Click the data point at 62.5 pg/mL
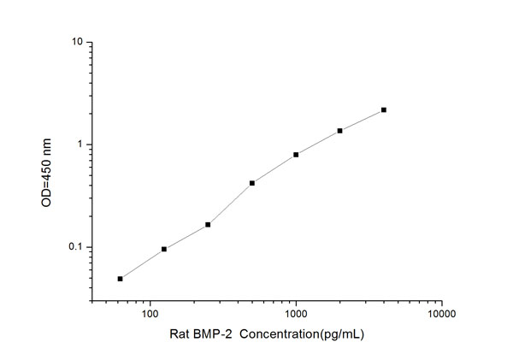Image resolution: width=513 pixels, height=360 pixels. tap(121, 279)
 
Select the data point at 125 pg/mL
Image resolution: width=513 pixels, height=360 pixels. tap(164, 249)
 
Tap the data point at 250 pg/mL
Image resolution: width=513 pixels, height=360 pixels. tap(208, 225)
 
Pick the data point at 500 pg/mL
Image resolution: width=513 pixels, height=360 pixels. tap(252, 183)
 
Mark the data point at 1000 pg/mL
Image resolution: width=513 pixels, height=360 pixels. tap(296, 155)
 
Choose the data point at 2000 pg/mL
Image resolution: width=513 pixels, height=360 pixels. tap(340, 131)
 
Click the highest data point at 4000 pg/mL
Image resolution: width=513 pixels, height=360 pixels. tap(384, 109)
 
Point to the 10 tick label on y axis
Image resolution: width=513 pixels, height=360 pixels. tap(77, 42)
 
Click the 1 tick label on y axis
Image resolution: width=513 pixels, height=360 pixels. tap(80, 145)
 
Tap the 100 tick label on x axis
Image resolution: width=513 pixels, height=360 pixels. tap(150, 315)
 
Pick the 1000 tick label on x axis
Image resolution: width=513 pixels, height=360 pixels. tap(296, 315)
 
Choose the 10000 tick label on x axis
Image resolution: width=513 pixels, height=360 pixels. tap(441, 315)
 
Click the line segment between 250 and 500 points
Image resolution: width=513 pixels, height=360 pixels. tap(230, 204)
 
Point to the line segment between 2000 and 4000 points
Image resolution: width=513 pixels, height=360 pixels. tap(363, 120)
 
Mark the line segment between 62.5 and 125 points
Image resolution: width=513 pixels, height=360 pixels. tap(143, 263)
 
